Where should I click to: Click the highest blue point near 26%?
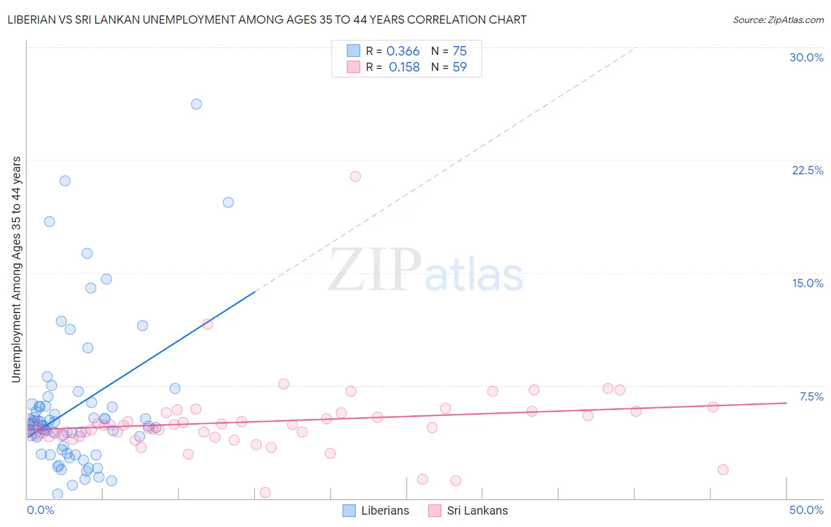pos(196,104)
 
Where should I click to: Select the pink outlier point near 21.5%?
pos(355,176)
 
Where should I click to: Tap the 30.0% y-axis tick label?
pos(806,57)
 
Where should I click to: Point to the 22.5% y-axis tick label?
pos(807,170)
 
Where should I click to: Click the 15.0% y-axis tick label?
pos(807,283)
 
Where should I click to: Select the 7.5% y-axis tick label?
pos(811,396)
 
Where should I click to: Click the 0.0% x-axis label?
pos(40,510)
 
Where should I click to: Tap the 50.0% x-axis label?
pos(806,510)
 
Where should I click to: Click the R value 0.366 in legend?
pos(402,51)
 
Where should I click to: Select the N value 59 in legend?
pos(459,67)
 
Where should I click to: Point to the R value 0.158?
pos(404,67)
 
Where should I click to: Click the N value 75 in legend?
pos(459,51)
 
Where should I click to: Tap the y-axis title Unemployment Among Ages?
pos(17,269)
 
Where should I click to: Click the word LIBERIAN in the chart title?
pos(34,19)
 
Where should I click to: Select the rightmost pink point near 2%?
pos(723,470)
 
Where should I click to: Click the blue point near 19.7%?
pos(228,202)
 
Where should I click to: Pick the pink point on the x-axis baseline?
pos(265,492)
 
